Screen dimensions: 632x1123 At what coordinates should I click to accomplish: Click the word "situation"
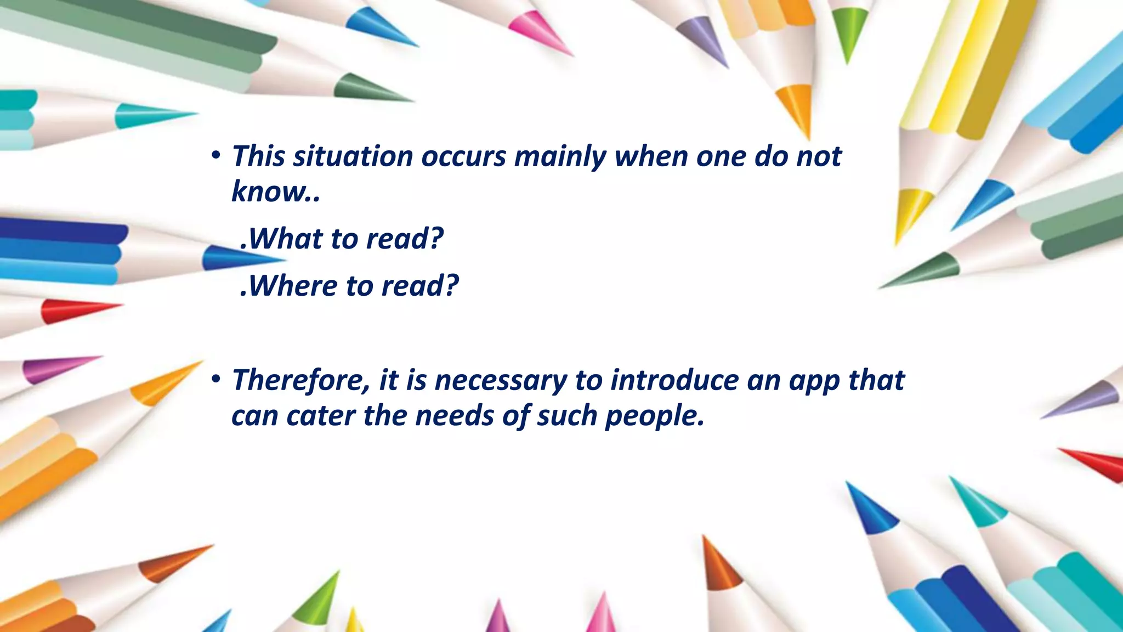coord(353,156)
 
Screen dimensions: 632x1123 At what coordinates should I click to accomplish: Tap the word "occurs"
coord(463,156)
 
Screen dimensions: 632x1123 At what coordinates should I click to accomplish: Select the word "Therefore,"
coord(301,380)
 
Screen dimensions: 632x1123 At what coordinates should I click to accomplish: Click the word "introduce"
coord(674,380)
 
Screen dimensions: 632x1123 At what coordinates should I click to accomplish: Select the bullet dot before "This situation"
coord(215,155)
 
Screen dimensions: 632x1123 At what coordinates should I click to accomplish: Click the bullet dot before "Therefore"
coord(215,379)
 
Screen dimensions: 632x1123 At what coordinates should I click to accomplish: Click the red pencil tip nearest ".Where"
coord(71,311)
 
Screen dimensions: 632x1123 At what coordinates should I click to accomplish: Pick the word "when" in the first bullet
coord(650,156)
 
